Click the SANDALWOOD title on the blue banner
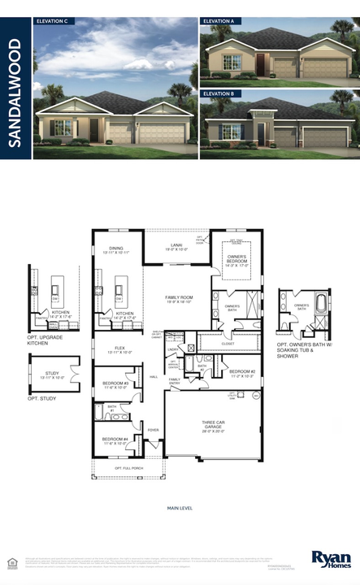[x=15, y=89]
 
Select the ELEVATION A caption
[x=219, y=22]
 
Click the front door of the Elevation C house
[x=93, y=129]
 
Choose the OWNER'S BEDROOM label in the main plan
[x=237, y=259]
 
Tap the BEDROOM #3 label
[x=115, y=384]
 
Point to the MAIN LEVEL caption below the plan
[x=180, y=508]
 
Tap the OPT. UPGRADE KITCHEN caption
[x=46, y=338]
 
